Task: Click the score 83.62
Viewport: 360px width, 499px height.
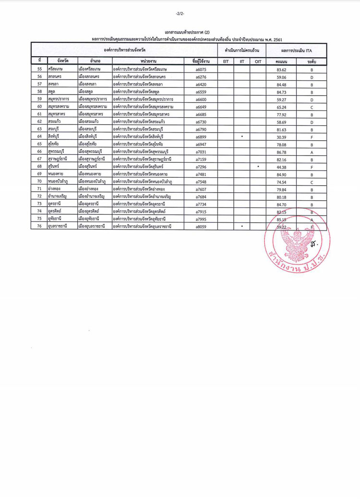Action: [x=281, y=70]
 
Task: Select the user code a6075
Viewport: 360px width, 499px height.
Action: [x=201, y=70]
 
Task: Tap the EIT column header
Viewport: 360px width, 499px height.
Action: [x=226, y=62]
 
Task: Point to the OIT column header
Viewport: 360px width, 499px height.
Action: [x=258, y=62]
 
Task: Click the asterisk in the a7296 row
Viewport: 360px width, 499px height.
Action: [x=258, y=166]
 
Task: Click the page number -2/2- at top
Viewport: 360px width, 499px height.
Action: [x=180, y=13]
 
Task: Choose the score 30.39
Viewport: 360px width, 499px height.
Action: [x=281, y=137]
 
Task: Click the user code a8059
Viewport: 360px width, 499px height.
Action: [x=201, y=226]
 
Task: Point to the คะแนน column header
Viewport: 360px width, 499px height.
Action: [x=281, y=62]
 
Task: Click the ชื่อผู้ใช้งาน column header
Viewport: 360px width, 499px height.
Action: [x=201, y=62]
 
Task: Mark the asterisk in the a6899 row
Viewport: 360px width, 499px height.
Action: [x=242, y=136]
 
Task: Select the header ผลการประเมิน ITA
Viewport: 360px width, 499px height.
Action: [x=296, y=50]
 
